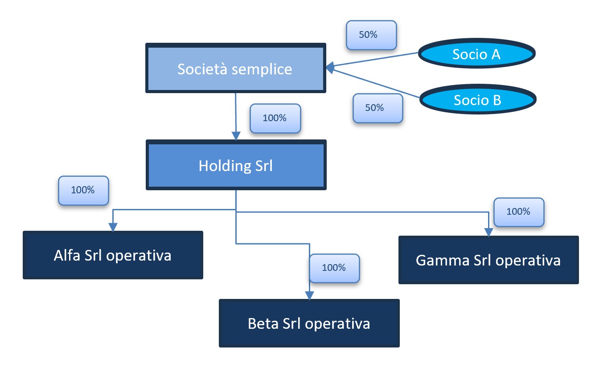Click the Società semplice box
(x=235, y=68)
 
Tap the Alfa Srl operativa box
(x=113, y=255)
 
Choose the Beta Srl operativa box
(x=309, y=323)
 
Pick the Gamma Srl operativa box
(x=488, y=260)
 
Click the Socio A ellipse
(x=476, y=54)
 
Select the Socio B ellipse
(x=477, y=100)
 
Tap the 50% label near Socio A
(x=371, y=35)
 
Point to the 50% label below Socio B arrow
(x=378, y=108)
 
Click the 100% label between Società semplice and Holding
(x=275, y=119)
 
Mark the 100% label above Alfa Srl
(x=83, y=190)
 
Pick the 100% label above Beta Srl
(x=334, y=268)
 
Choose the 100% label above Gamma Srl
(x=519, y=212)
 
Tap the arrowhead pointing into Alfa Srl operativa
(x=113, y=227)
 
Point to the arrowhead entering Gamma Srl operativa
(x=489, y=232)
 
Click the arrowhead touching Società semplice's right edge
(x=330, y=68)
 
